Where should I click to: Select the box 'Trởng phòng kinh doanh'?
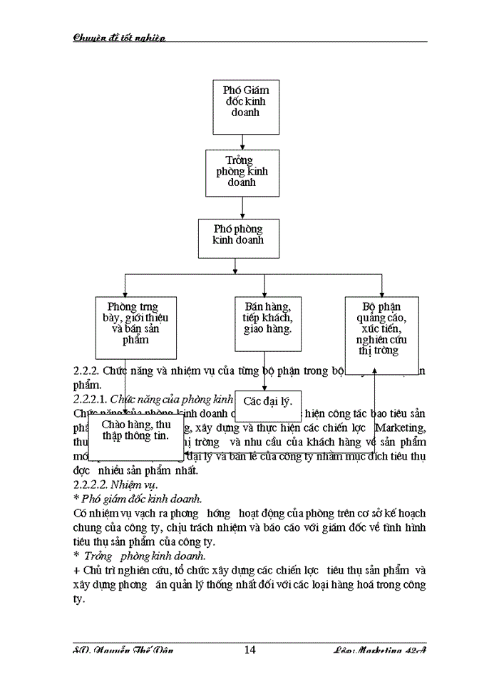242,172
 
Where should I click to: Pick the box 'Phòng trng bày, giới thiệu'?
135,327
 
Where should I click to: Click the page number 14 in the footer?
249,650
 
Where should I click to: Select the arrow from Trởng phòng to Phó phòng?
242,208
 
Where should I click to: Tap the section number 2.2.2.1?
91,399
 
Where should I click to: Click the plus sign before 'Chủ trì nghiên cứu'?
77,570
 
